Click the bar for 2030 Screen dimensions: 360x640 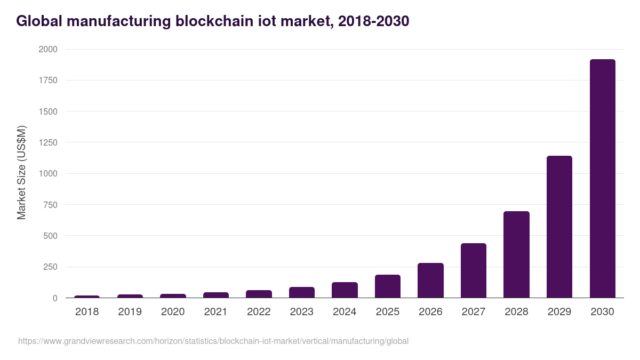[x=602, y=179]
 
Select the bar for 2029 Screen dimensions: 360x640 [x=559, y=227]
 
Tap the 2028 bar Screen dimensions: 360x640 [x=516, y=254]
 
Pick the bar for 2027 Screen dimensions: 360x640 [x=474, y=270]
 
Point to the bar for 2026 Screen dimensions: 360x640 [x=430, y=280]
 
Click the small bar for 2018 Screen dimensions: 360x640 [x=87, y=297]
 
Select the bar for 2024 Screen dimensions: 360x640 [x=345, y=290]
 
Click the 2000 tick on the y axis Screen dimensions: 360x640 [x=48, y=50]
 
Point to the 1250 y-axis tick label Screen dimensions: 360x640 [x=48, y=142]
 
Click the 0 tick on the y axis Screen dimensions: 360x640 [x=55, y=298]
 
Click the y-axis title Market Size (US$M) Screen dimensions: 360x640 [x=22, y=172]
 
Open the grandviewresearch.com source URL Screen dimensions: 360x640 [x=213, y=341]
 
